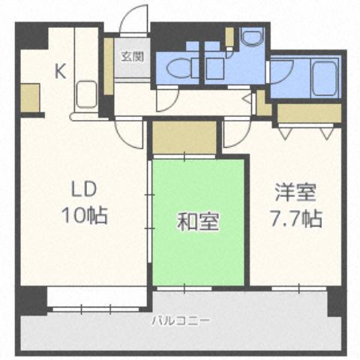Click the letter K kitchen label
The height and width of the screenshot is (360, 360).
tap(60, 72)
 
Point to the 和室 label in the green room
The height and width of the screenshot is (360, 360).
tap(197, 222)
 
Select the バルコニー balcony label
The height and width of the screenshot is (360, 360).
tap(181, 321)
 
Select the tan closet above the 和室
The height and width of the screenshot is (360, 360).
tap(183, 138)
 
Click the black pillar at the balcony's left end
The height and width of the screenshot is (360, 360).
tap(32, 300)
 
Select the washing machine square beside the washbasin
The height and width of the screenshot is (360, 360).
tap(218, 70)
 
